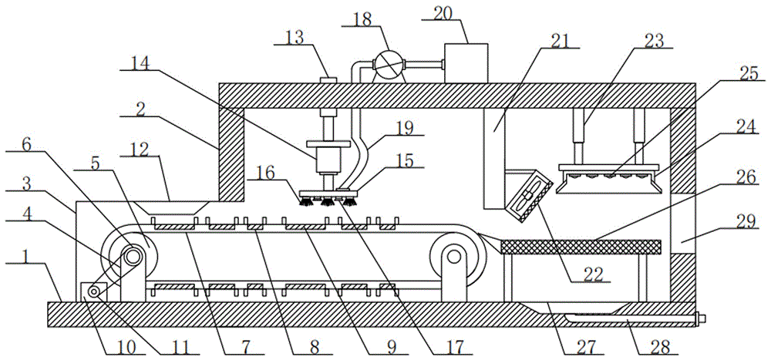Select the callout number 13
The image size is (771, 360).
297,38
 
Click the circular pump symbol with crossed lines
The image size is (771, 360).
387,64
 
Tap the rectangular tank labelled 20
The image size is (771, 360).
466,63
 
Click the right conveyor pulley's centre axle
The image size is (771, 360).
454,256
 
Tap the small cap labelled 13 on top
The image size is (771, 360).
328,79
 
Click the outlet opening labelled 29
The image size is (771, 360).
682,223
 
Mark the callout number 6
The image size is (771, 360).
26,144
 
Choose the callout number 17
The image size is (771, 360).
454,346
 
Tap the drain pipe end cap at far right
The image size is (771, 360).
701,319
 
